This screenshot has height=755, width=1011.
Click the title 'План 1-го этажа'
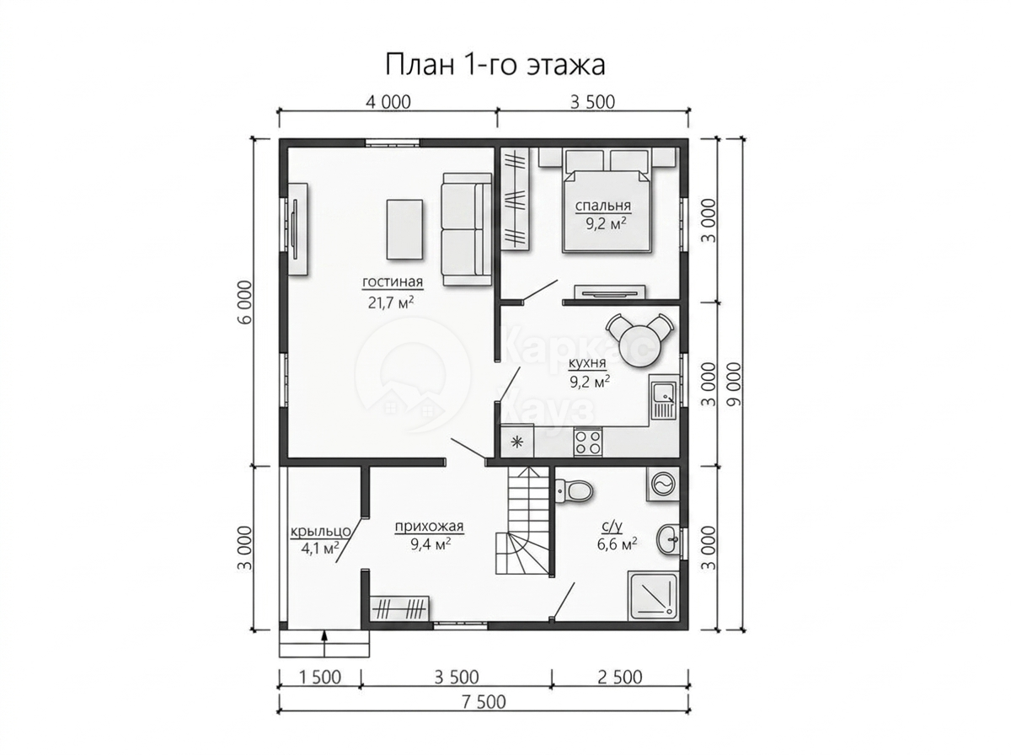point(495,66)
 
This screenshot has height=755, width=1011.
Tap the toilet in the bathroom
point(573,491)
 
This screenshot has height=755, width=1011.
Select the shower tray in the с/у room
point(653,597)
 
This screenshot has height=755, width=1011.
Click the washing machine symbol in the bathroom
point(662,485)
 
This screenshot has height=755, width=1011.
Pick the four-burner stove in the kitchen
point(587,442)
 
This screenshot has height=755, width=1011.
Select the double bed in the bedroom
point(607,207)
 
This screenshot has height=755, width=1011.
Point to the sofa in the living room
point(467,229)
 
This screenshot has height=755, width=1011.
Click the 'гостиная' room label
point(392,281)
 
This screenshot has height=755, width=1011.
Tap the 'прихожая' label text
point(429,526)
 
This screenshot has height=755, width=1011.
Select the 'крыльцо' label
point(321,532)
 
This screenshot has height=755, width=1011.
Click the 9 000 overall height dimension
point(736,384)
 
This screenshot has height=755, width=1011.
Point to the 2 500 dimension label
point(619,677)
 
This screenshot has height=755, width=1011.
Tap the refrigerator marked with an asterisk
point(516,442)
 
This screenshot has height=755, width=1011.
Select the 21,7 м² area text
point(390,303)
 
